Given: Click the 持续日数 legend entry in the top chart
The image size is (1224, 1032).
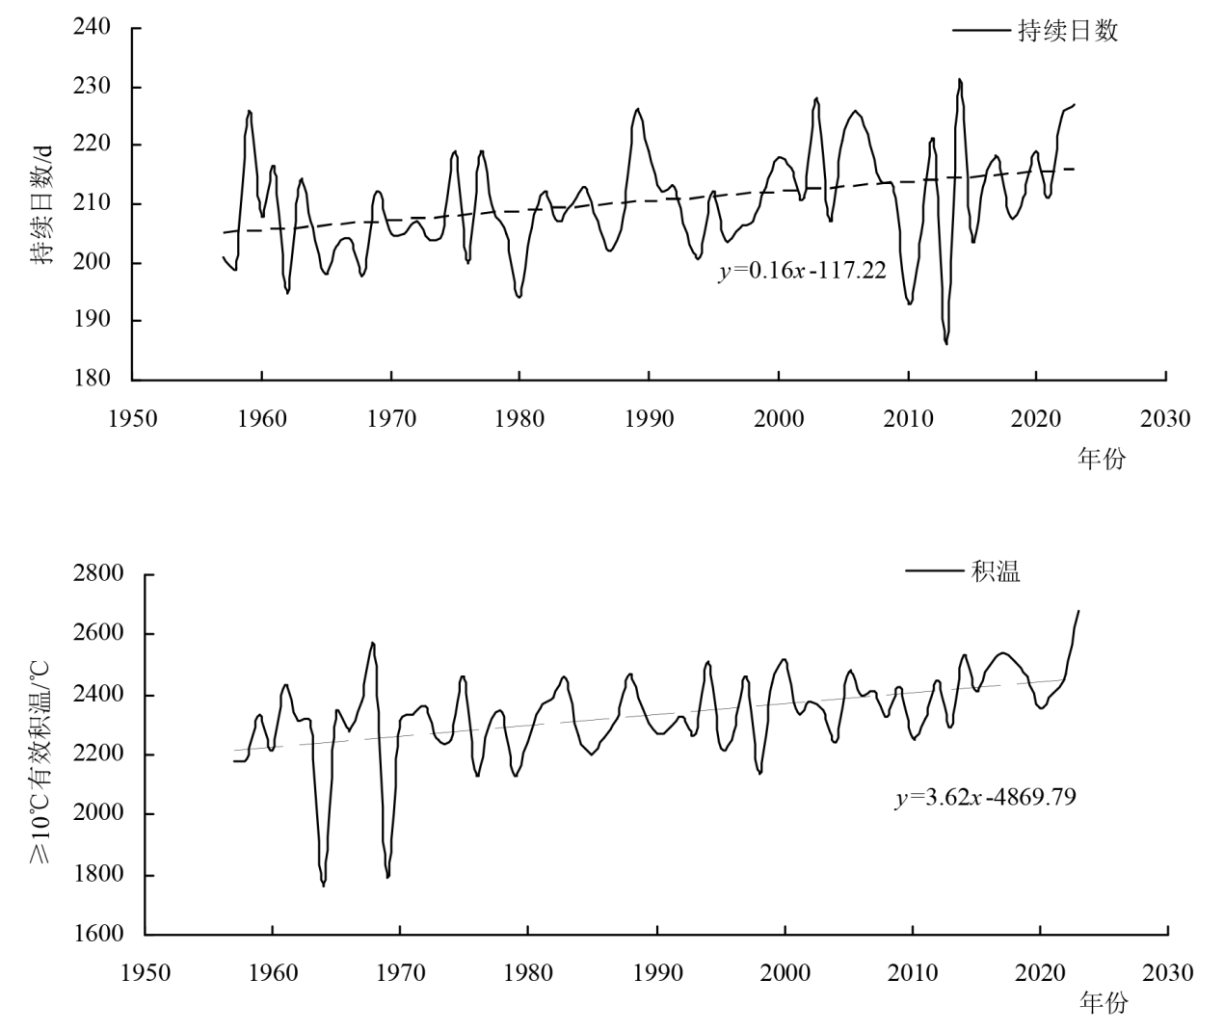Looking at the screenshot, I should coord(1068,31).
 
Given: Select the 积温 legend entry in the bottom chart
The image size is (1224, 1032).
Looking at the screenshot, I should coord(996,571).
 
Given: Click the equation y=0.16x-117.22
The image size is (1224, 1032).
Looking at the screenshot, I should coord(802,272).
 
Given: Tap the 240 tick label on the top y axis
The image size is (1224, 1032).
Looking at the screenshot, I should coord(93,27).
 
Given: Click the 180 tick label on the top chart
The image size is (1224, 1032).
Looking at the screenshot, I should coord(93,379).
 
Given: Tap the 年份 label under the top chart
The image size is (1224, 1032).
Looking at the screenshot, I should coord(1101,459).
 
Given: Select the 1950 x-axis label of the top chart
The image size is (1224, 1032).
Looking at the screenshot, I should coord(133,419).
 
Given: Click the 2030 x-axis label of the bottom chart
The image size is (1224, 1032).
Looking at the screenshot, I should coord(1167,972).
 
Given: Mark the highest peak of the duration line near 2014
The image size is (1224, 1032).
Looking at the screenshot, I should coord(959,80).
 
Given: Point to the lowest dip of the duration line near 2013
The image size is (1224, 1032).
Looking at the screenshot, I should coord(946,343).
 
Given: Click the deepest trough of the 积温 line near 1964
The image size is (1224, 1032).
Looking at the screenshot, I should coord(324,885).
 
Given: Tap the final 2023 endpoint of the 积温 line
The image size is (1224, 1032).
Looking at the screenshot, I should coord(1078,611).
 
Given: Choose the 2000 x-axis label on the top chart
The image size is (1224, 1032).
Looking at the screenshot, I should coord(779,419).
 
